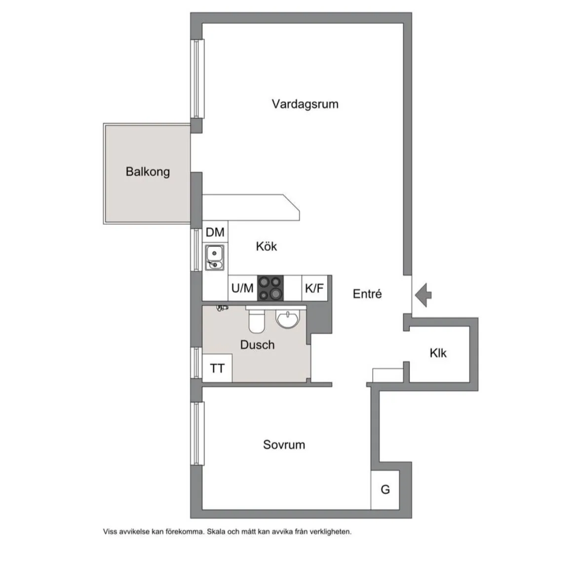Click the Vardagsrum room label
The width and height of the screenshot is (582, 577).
click(305, 104)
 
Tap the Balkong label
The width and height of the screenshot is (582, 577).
click(148, 172)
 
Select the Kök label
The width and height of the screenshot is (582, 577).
click(266, 246)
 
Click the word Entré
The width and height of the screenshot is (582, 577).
click(367, 294)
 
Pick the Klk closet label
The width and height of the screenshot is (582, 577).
click(438, 353)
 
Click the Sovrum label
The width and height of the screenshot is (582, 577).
click(284, 445)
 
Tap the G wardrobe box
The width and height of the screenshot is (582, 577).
click(385, 490)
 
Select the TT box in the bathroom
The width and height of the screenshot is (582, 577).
click(217, 369)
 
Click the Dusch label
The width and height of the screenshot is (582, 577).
click(257, 345)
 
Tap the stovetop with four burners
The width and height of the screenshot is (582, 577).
click(271, 288)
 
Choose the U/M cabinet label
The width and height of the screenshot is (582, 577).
click(242, 288)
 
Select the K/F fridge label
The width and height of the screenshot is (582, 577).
click(314, 288)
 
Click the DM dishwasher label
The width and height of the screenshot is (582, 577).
click(215, 232)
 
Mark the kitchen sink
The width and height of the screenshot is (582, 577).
click(214, 257)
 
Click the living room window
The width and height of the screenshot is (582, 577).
click(197, 79)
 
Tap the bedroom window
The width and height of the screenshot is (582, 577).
click(197, 433)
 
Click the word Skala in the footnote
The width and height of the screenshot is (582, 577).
click(217, 532)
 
